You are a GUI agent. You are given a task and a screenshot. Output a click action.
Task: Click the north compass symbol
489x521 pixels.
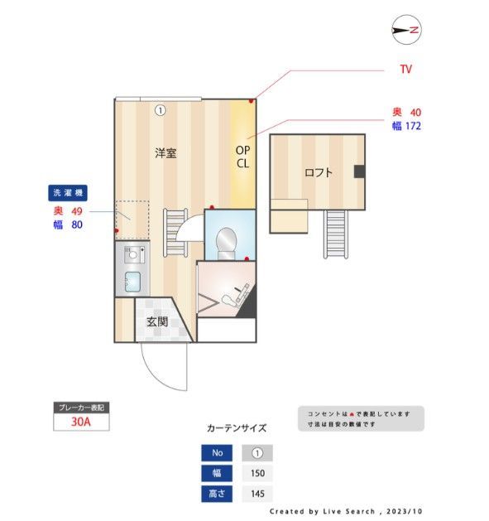click(406, 31)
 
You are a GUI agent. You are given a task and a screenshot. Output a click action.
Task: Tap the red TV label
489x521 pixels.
click(405, 70)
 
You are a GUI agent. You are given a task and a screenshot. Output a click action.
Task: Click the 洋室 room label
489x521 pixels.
click(165, 153)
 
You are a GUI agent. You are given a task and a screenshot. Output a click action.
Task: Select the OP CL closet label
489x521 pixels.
click(242, 157)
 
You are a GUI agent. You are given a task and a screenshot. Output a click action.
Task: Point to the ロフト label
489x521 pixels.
click(318, 173)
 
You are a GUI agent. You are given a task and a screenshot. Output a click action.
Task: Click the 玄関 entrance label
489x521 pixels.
click(157, 321)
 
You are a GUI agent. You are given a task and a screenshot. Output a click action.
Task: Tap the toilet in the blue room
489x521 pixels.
click(226, 241)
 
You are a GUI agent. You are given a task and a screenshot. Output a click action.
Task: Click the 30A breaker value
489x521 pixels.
click(80, 422)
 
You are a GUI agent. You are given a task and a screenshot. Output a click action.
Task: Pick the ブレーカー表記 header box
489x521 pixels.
click(80, 408)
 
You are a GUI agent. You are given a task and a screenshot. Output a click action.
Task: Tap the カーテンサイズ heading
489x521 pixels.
click(236, 428)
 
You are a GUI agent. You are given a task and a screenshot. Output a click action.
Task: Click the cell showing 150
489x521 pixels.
click(256, 474)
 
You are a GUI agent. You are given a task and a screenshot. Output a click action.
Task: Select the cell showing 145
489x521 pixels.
click(256, 494)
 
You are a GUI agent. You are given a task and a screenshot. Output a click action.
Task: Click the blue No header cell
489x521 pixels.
click(218, 453)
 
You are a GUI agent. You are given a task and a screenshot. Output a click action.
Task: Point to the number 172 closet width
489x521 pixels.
click(413, 126)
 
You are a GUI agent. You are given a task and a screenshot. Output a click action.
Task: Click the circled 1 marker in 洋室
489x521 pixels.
click(161, 109)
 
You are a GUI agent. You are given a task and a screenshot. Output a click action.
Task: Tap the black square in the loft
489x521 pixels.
click(359, 171)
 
